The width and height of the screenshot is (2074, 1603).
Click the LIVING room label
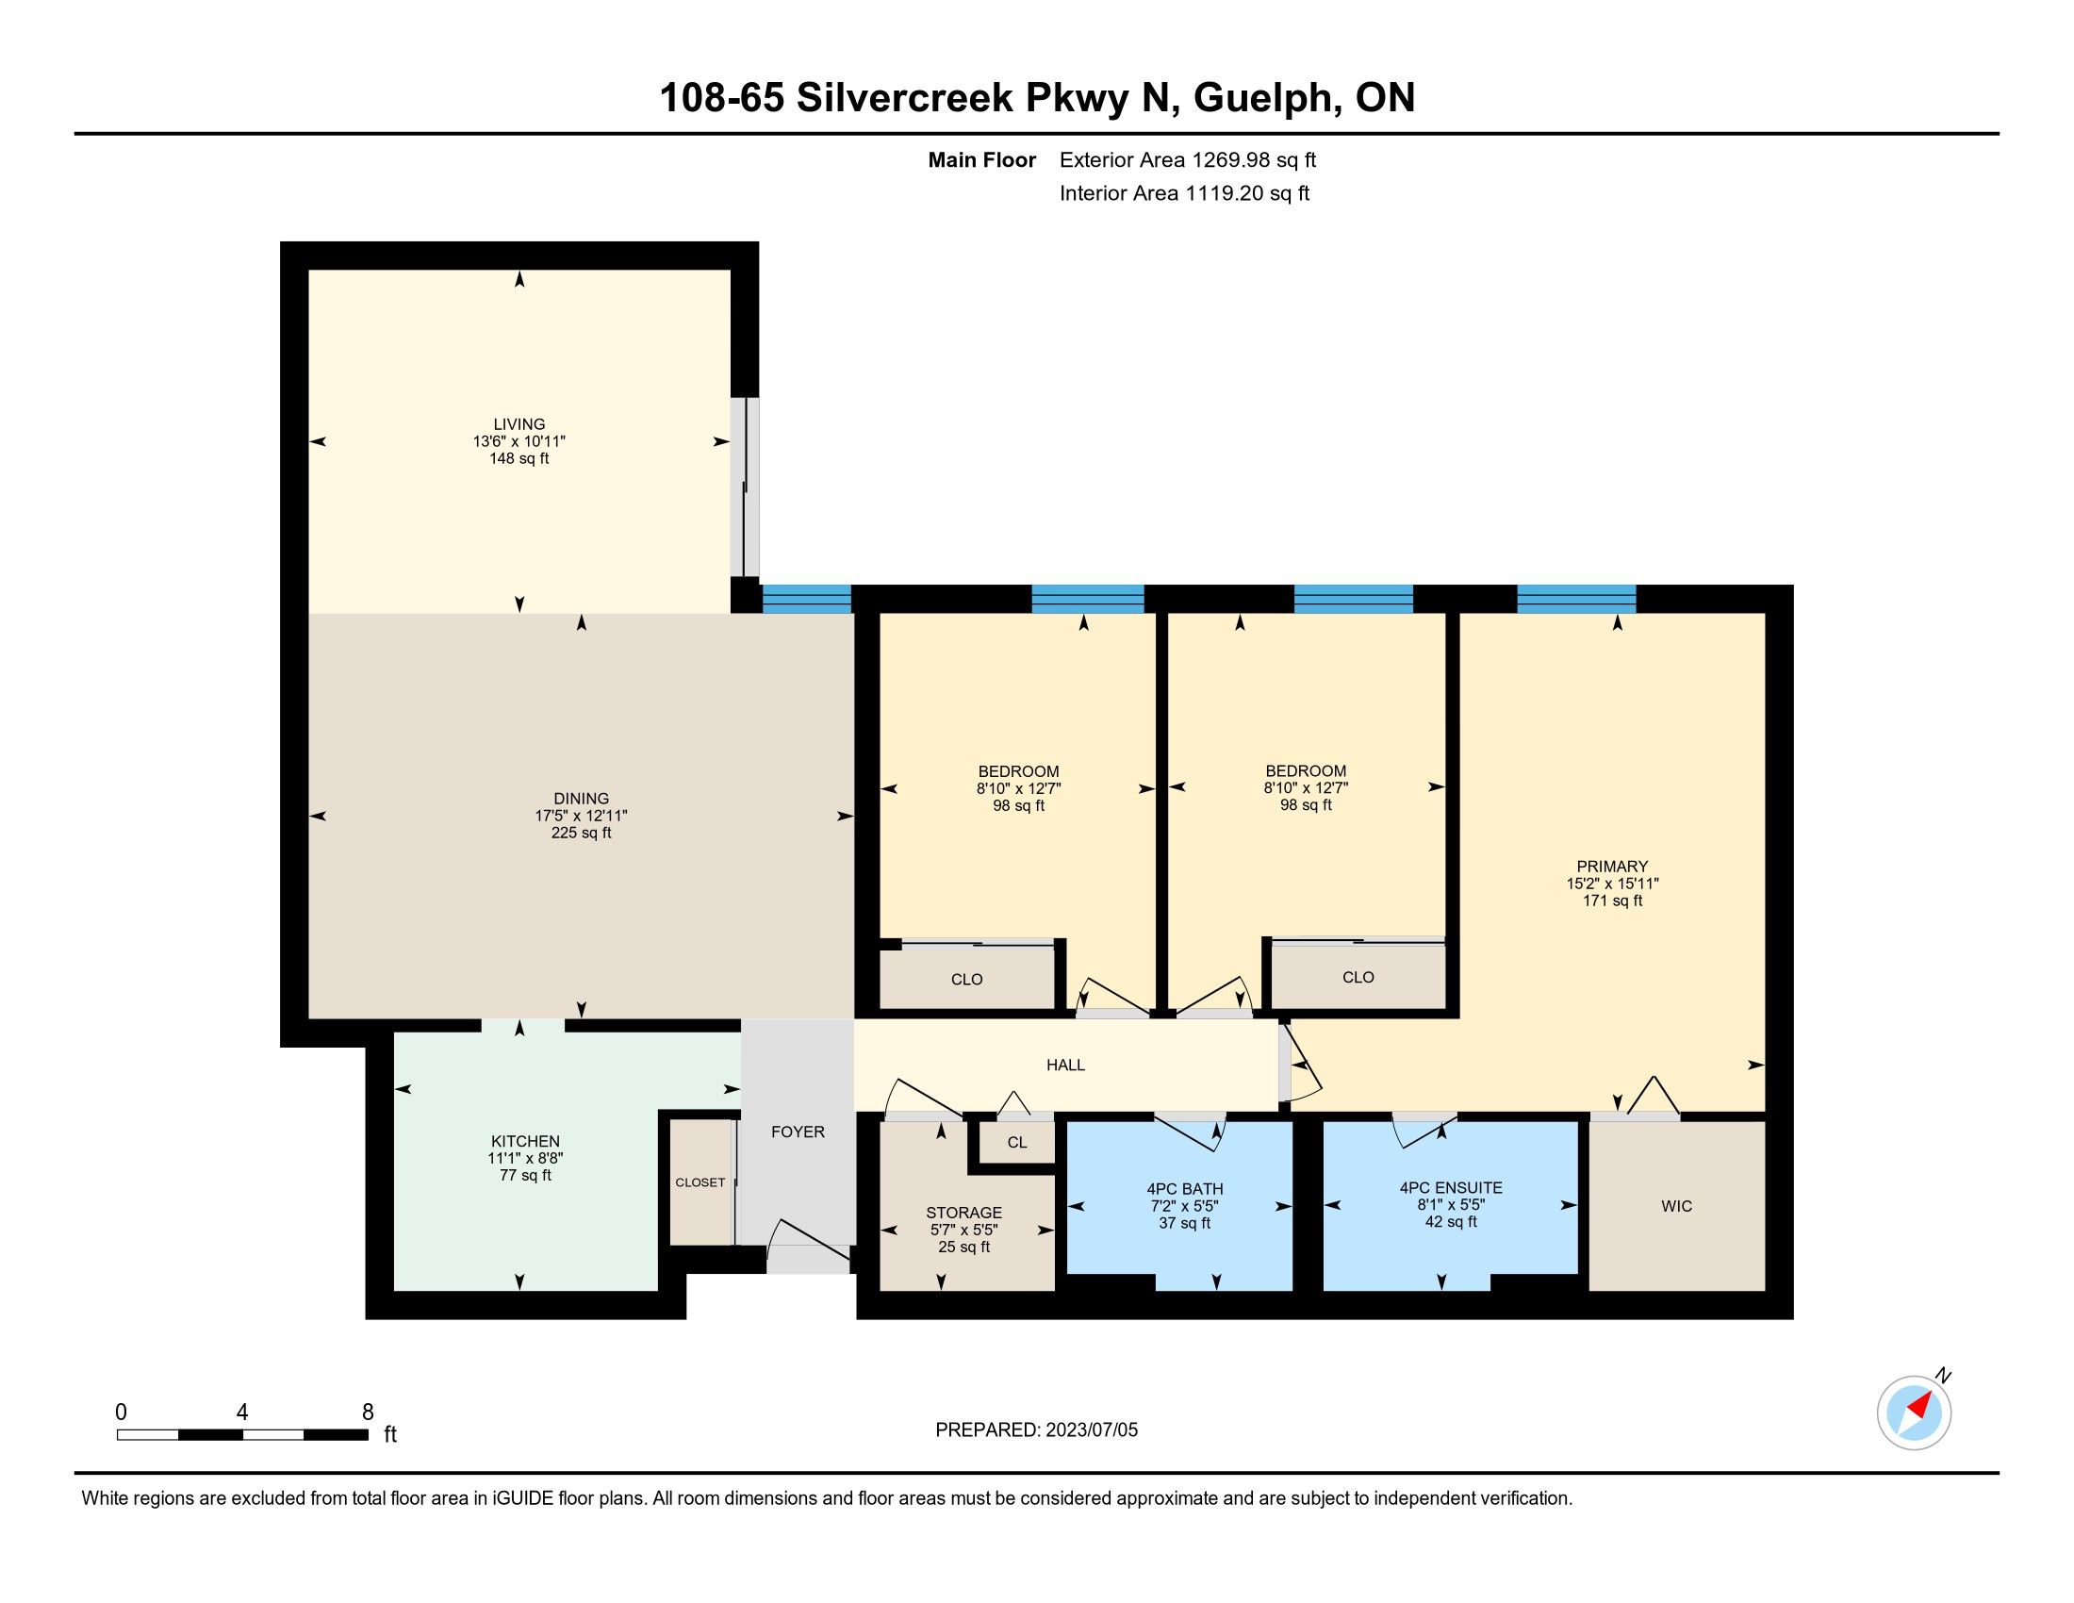point(518,424)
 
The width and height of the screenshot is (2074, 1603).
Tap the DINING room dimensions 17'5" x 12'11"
point(581,816)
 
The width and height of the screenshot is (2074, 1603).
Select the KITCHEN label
point(525,1142)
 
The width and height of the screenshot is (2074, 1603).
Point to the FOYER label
point(798,1132)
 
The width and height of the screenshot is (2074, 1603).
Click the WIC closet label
point(1677,1206)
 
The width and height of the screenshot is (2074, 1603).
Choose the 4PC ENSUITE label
point(1451,1187)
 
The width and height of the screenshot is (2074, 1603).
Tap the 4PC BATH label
point(1184,1189)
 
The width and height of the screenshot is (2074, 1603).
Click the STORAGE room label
point(963,1213)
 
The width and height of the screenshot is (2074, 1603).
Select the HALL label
point(1065,1065)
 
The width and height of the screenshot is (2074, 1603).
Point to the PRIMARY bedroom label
point(1612,866)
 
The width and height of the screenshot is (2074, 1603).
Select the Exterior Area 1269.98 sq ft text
point(1188,159)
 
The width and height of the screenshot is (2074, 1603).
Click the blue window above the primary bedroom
point(1576,599)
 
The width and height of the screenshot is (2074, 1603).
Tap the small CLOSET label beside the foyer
point(700,1182)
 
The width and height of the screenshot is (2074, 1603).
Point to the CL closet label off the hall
point(1017,1143)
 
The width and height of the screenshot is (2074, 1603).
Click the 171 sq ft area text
point(1612,901)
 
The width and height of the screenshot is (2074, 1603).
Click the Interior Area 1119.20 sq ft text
point(1184,192)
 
